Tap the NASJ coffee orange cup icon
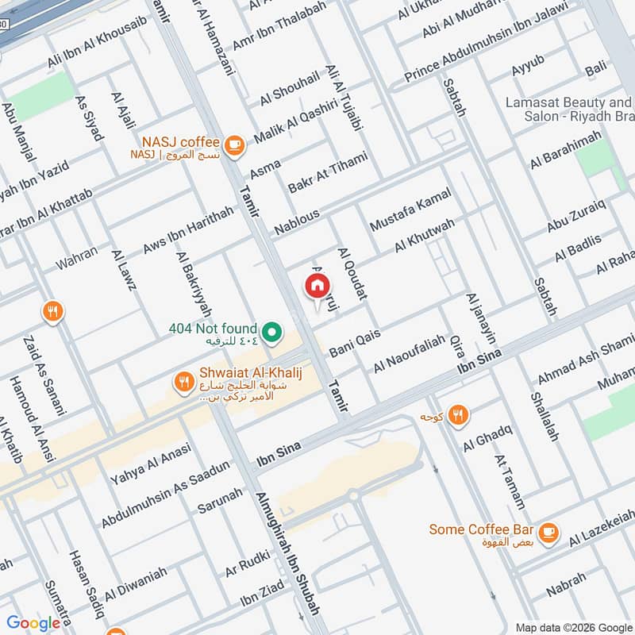pyautogui.click(x=233, y=144)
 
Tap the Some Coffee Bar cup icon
pyautogui.click(x=548, y=529)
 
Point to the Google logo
pyautogui.click(x=33, y=623)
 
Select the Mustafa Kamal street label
pyautogui.click(x=410, y=210)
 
